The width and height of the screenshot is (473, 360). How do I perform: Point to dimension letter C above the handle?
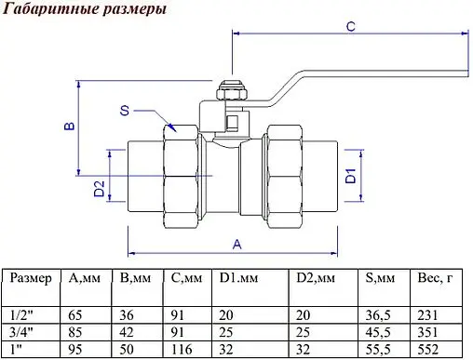pyautogui.click(x=350, y=26)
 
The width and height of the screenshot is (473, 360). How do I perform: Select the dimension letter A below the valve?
pyautogui.click(x=236, y=244)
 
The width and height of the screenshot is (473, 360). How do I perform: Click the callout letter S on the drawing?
pyautogui.click(x=125, y=111)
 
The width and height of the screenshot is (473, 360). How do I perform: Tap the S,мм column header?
pyautogui.click(x=379, y=278)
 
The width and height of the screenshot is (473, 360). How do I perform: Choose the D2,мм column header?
pyautogui.click(x=317, y=278)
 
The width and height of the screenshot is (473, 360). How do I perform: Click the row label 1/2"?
pyautogui.click(x=18, y=316)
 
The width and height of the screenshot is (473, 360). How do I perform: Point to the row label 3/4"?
pyautogui.click(x=19, y=332)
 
